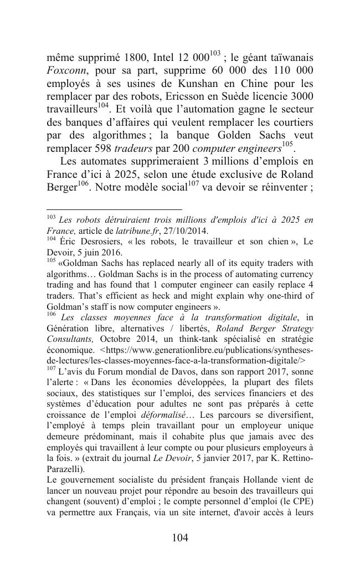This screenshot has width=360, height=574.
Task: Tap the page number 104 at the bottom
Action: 179,537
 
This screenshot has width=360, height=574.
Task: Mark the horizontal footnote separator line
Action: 114,209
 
